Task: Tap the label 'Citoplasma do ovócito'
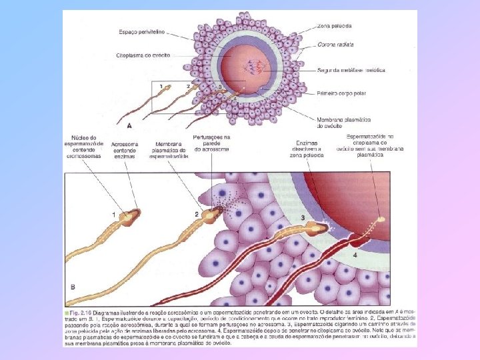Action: click(143, 55)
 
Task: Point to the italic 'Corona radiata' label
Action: click(335, 45)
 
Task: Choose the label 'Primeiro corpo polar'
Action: click(339, 95)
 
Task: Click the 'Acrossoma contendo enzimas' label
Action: click(125, 149)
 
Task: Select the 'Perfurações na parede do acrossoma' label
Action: click(211, 143)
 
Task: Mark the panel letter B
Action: click(73, 287)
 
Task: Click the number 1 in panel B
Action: click(113, 214)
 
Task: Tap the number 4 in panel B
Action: click(355, 255)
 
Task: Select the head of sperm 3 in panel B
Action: click(319, 228)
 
